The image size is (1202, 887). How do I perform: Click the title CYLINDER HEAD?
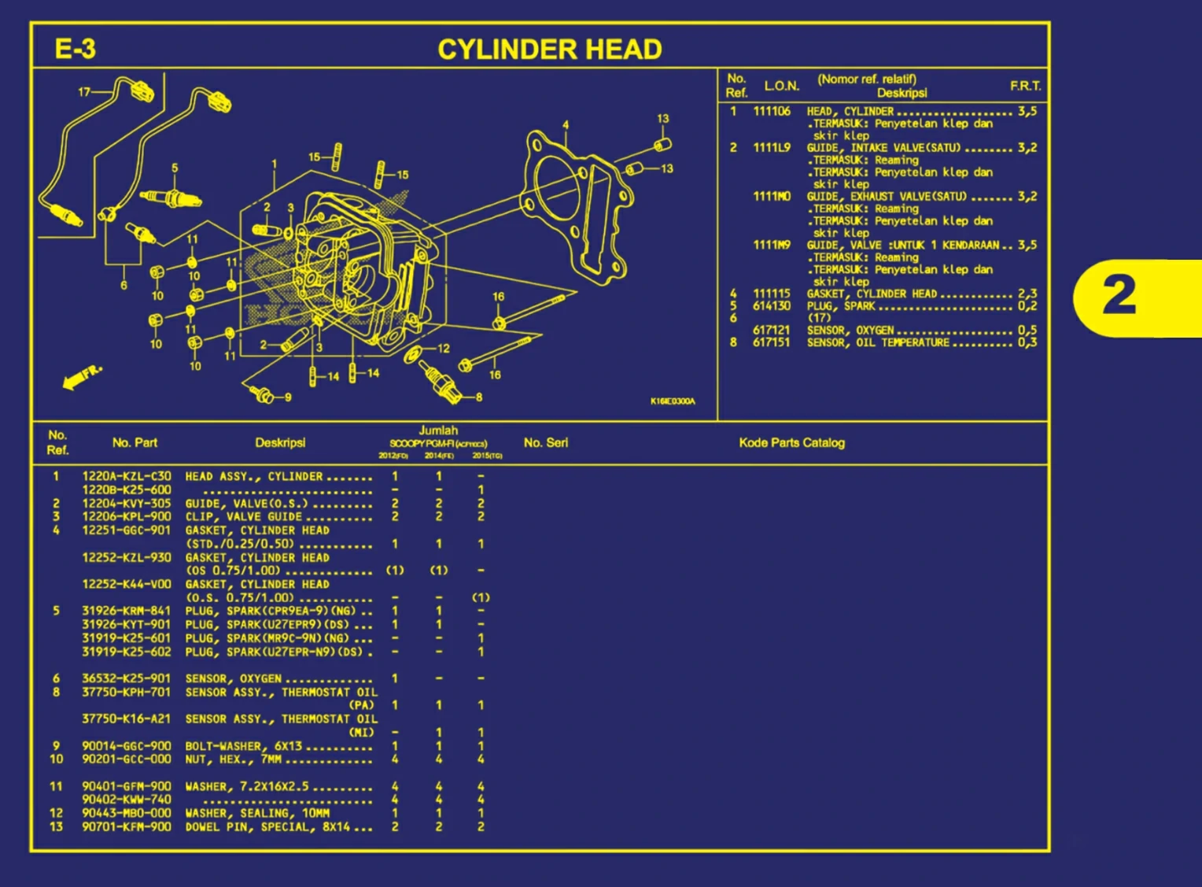[x=549, y=50]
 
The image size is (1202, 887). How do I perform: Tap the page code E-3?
[x=75, y=50]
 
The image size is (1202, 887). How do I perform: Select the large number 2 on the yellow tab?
[x=1119, y=296]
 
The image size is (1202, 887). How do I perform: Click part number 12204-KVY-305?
[x=126, y=504]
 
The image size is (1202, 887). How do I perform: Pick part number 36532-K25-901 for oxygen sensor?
[x=126, y=678]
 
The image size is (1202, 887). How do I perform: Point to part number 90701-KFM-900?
[x=126, y=827]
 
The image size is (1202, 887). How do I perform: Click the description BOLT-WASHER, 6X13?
[x=244, y=746]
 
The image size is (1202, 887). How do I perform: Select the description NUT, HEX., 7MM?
[x=233, y=759]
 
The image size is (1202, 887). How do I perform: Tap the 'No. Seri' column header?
[x=545, y=443]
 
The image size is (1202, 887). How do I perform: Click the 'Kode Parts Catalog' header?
[x=791, y=443]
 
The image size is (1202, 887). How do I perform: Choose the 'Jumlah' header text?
[x=438, y=431]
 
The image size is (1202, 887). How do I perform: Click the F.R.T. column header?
[x=1025, y=86]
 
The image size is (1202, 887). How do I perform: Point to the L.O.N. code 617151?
[x=771, y=342]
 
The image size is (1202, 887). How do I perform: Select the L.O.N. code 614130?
[x=771, y=306]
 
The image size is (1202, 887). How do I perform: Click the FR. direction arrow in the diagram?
[x=82, y=377]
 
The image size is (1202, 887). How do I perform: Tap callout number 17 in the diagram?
[x=84, y=92]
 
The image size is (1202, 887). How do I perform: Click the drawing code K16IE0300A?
[x=672, y=401]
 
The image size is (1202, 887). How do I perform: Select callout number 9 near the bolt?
[x=288, y=397]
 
